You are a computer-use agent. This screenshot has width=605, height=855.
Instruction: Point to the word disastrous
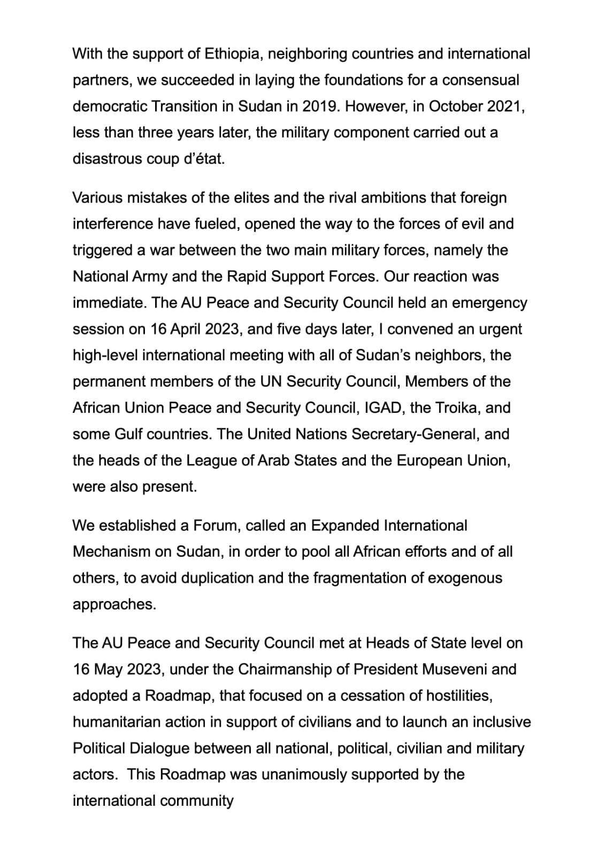coord(108,159)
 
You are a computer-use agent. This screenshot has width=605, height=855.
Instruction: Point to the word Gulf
coord(128,434)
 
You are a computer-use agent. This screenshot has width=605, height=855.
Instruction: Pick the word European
coord(430,460)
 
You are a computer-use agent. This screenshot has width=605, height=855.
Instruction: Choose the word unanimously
coord(305,775)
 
